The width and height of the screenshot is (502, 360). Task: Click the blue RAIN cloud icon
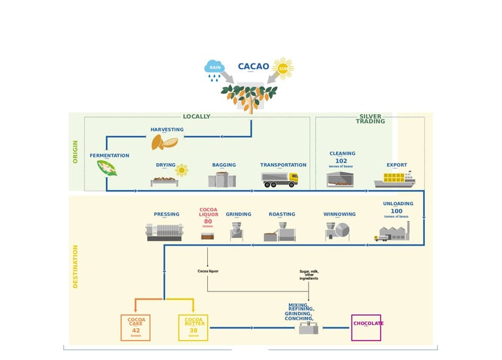[214, 67]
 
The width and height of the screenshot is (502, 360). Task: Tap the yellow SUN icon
[283, 68]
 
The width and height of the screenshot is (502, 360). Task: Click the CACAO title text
[253, 67]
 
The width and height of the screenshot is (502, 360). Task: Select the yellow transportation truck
[280, 180]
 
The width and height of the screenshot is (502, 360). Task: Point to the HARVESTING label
[167, 129]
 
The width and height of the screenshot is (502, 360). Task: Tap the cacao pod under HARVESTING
[165, 142]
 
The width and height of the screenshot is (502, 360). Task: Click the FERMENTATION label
[109, 155]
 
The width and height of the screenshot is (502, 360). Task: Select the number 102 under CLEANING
[341, 161]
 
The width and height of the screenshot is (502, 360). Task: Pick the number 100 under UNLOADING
[396, 211]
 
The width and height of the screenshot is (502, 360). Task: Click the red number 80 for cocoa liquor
[208, 221]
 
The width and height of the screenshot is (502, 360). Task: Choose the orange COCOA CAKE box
[135, 327]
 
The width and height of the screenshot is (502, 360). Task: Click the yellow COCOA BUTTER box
[193, 327]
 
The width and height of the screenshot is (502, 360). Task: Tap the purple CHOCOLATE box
[366, 327]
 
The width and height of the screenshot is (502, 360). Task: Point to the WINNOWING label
[339, 214]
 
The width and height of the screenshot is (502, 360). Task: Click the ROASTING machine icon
[280, 232]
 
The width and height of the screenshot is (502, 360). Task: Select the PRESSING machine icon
[164, 232]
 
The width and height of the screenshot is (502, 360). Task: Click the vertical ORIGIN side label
[75, 152]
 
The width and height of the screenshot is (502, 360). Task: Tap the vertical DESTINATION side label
[75, 267]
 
